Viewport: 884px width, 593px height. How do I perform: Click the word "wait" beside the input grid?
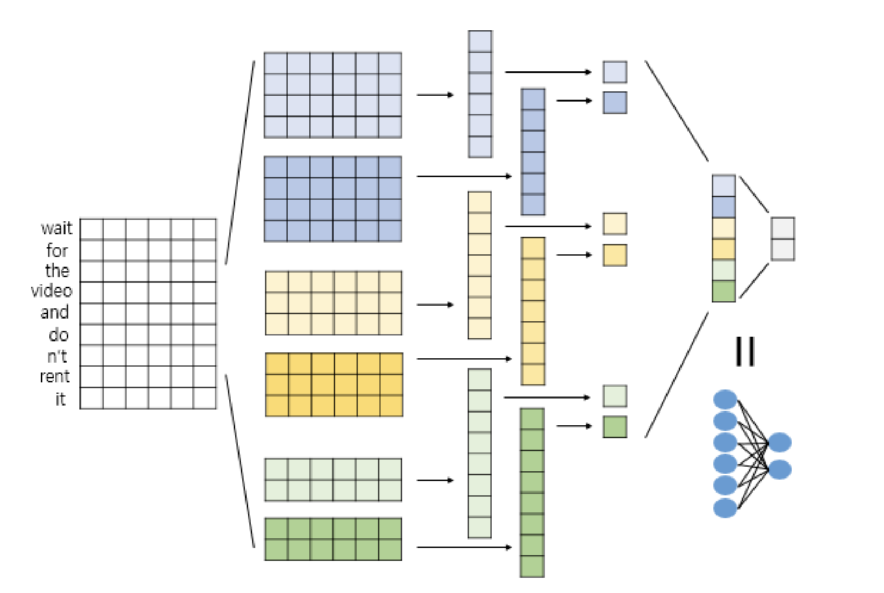tap(56, 228)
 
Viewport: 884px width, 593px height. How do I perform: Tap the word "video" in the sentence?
tap(52, 291)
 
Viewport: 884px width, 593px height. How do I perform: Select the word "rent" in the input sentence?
tap(55, 377)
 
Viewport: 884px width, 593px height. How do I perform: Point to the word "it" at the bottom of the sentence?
tap(60, 399)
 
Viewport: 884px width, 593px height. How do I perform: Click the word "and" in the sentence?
tap(55, 312)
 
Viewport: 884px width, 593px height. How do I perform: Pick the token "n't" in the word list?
tap(57, 356)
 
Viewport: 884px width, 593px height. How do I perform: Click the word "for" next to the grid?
tap(57, 250)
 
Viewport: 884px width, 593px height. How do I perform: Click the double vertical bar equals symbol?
tap(745, 351)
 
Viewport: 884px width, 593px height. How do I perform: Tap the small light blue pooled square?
tap(614, 72)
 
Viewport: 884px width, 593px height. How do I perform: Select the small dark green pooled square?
tap(614, 427)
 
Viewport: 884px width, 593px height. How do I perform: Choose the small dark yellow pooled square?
tap(614, 255)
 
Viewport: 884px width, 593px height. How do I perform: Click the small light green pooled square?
tap(614, 396)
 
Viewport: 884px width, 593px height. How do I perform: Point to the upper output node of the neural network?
tap(780, 443)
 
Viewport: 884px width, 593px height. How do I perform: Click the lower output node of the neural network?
tap(780, 469)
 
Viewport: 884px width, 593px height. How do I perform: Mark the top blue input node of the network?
tap(725, 400)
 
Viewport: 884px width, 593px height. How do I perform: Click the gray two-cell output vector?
tap(782, 239)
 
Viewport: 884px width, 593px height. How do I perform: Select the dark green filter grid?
tap(333, 539)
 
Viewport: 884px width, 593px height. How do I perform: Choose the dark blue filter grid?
tap(333, 199)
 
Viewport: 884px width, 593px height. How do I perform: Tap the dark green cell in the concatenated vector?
tap(723, 291)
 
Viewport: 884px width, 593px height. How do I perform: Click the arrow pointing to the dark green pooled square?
tap(574, 426)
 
